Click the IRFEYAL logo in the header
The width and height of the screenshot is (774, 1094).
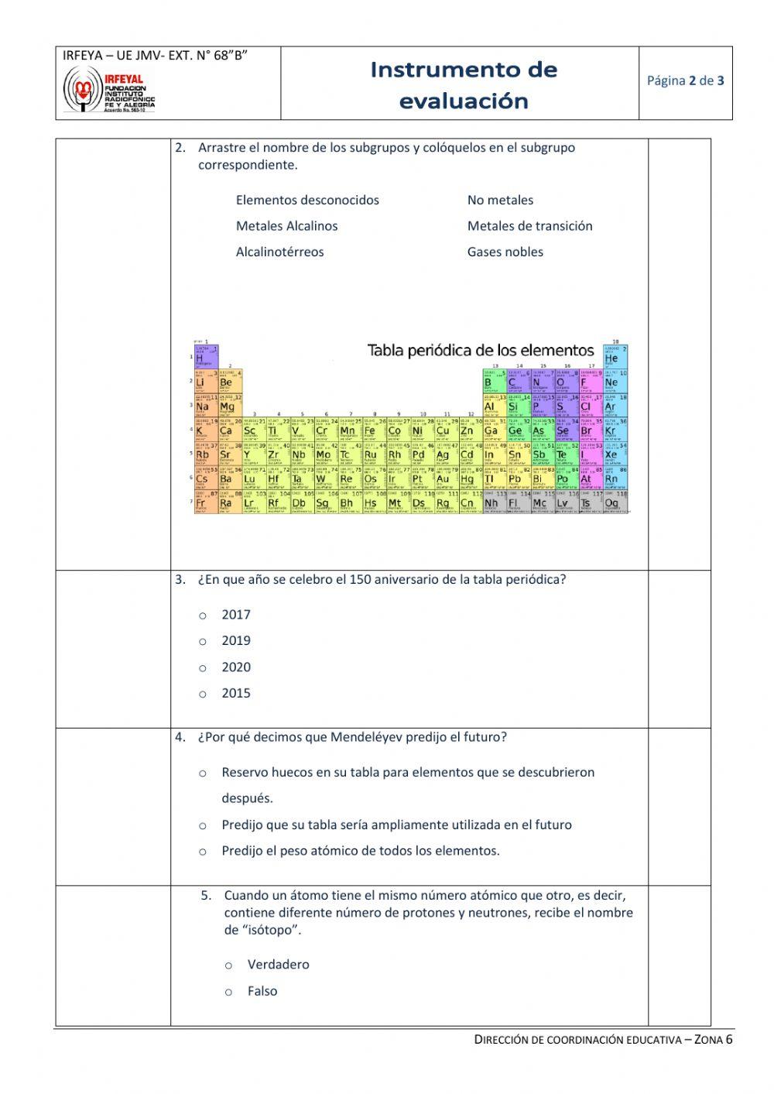(109, 89)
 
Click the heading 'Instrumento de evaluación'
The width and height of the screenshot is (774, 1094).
(464, 85)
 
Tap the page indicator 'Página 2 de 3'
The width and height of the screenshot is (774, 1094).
(685, 80)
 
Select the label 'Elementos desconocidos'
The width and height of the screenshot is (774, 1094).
(307, 200)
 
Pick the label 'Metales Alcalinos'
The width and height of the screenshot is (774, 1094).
(286, 226)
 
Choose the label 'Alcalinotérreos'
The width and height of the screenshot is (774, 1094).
(279, 252)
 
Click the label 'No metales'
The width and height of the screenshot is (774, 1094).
(500, 200)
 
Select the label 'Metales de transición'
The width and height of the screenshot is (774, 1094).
(529, 226)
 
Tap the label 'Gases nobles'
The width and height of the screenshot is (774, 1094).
(505, 252)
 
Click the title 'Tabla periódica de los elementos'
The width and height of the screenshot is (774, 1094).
(480, 351)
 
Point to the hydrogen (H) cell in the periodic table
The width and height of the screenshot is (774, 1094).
(205, 357)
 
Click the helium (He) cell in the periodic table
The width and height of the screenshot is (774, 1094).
(615, 357)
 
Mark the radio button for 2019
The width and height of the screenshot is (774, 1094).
(203, 642)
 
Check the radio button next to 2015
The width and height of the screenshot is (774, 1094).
(203, 694)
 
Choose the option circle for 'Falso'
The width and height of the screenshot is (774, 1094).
(228, 992)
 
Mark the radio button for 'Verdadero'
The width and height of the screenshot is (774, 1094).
(228, 965)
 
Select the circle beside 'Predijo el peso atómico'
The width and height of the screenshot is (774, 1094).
(203, 852)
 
